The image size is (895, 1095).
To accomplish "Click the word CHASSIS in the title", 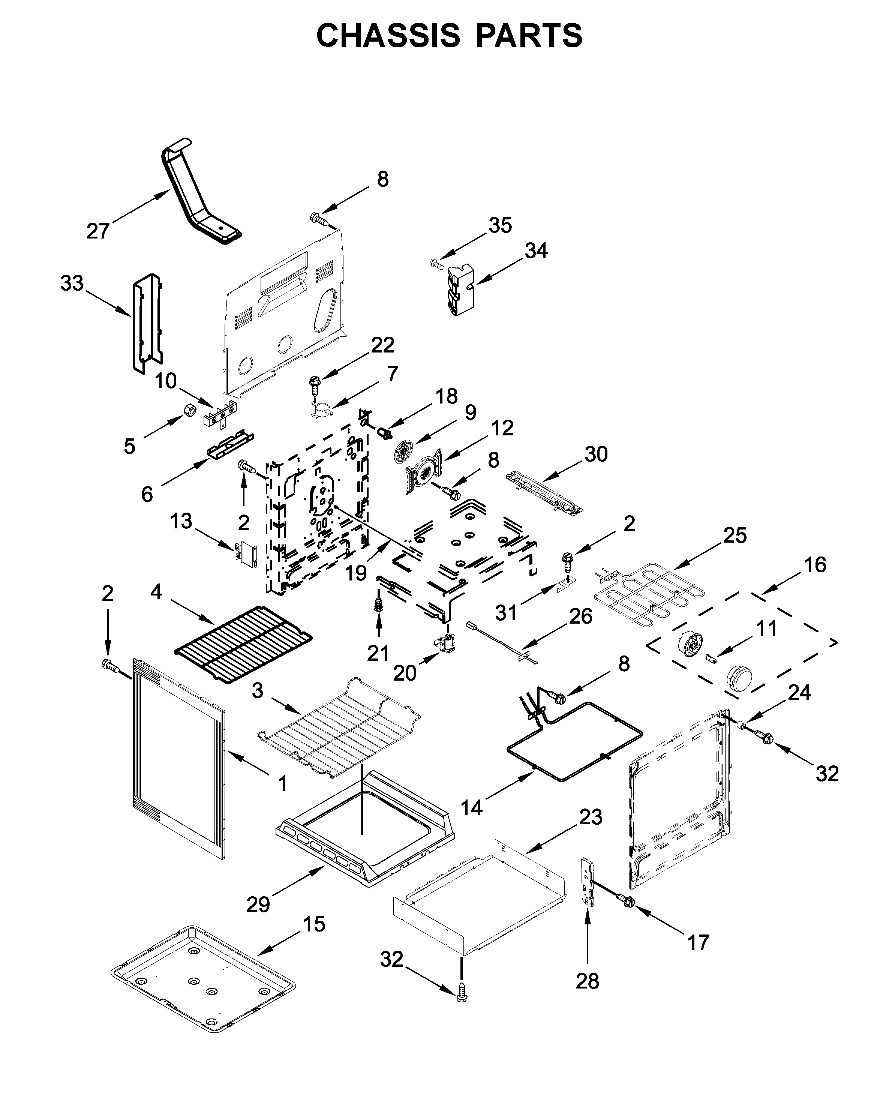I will point(388,36).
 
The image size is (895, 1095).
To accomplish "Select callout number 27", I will point(97,231).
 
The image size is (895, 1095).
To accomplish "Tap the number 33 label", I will point(72,283).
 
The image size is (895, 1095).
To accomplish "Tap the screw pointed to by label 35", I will point(436,264).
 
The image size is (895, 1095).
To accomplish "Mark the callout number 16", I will point(815,565).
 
